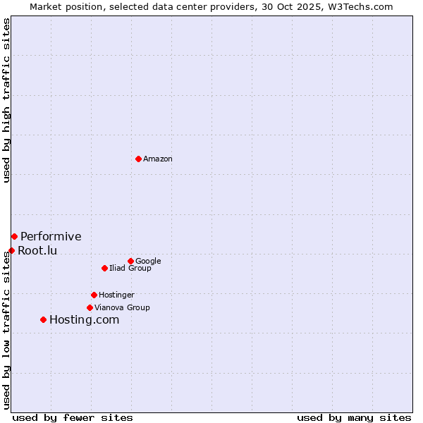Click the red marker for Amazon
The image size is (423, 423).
point(138,159)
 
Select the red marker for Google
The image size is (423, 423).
point(130,261)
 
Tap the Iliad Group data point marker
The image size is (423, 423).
point(104,268)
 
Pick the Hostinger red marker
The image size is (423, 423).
point(94,295)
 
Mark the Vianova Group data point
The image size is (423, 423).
point(90,307)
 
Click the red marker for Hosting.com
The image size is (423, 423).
point(43,319)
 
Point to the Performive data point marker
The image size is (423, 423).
point(14,236)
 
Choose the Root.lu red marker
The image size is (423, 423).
point(11,250)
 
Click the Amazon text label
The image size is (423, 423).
point(158,159)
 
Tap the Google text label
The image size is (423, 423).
point(148,261)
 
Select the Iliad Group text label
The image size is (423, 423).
point(130,268)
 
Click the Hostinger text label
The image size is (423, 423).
point(116,295)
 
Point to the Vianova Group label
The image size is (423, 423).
point(122,307)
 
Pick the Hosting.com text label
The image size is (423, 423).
point(84,319)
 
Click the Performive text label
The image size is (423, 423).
point(51,236)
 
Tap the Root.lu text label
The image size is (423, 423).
point(37,250)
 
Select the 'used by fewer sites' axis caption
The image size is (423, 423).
point(73,417)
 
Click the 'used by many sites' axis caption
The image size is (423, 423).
point(354,417)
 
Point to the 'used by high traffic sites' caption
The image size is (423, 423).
point(6,100)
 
